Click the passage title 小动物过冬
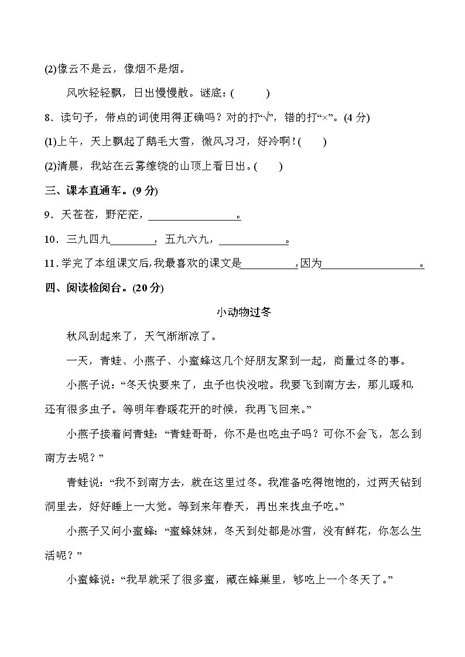pos(244,312)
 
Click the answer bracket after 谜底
pos(250,93)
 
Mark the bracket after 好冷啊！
pos(312,142)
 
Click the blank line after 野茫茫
pos(193,215)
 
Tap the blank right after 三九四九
pos(132,240)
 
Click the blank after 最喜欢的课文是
pos(269,264)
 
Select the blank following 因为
pos(371,264)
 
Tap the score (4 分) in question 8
pos(357,118)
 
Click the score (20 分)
pos(149,288)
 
